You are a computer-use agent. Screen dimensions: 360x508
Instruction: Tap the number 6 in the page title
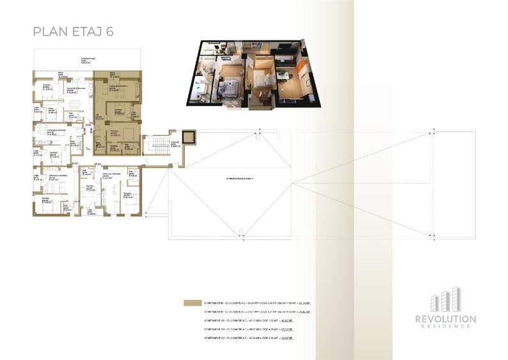coord(110,31)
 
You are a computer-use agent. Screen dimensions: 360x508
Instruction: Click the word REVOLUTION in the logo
coord(445,318)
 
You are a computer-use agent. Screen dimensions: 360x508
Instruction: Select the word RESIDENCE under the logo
coord(445,326)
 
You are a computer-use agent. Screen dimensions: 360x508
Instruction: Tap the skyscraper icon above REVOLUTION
coord(445,301)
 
